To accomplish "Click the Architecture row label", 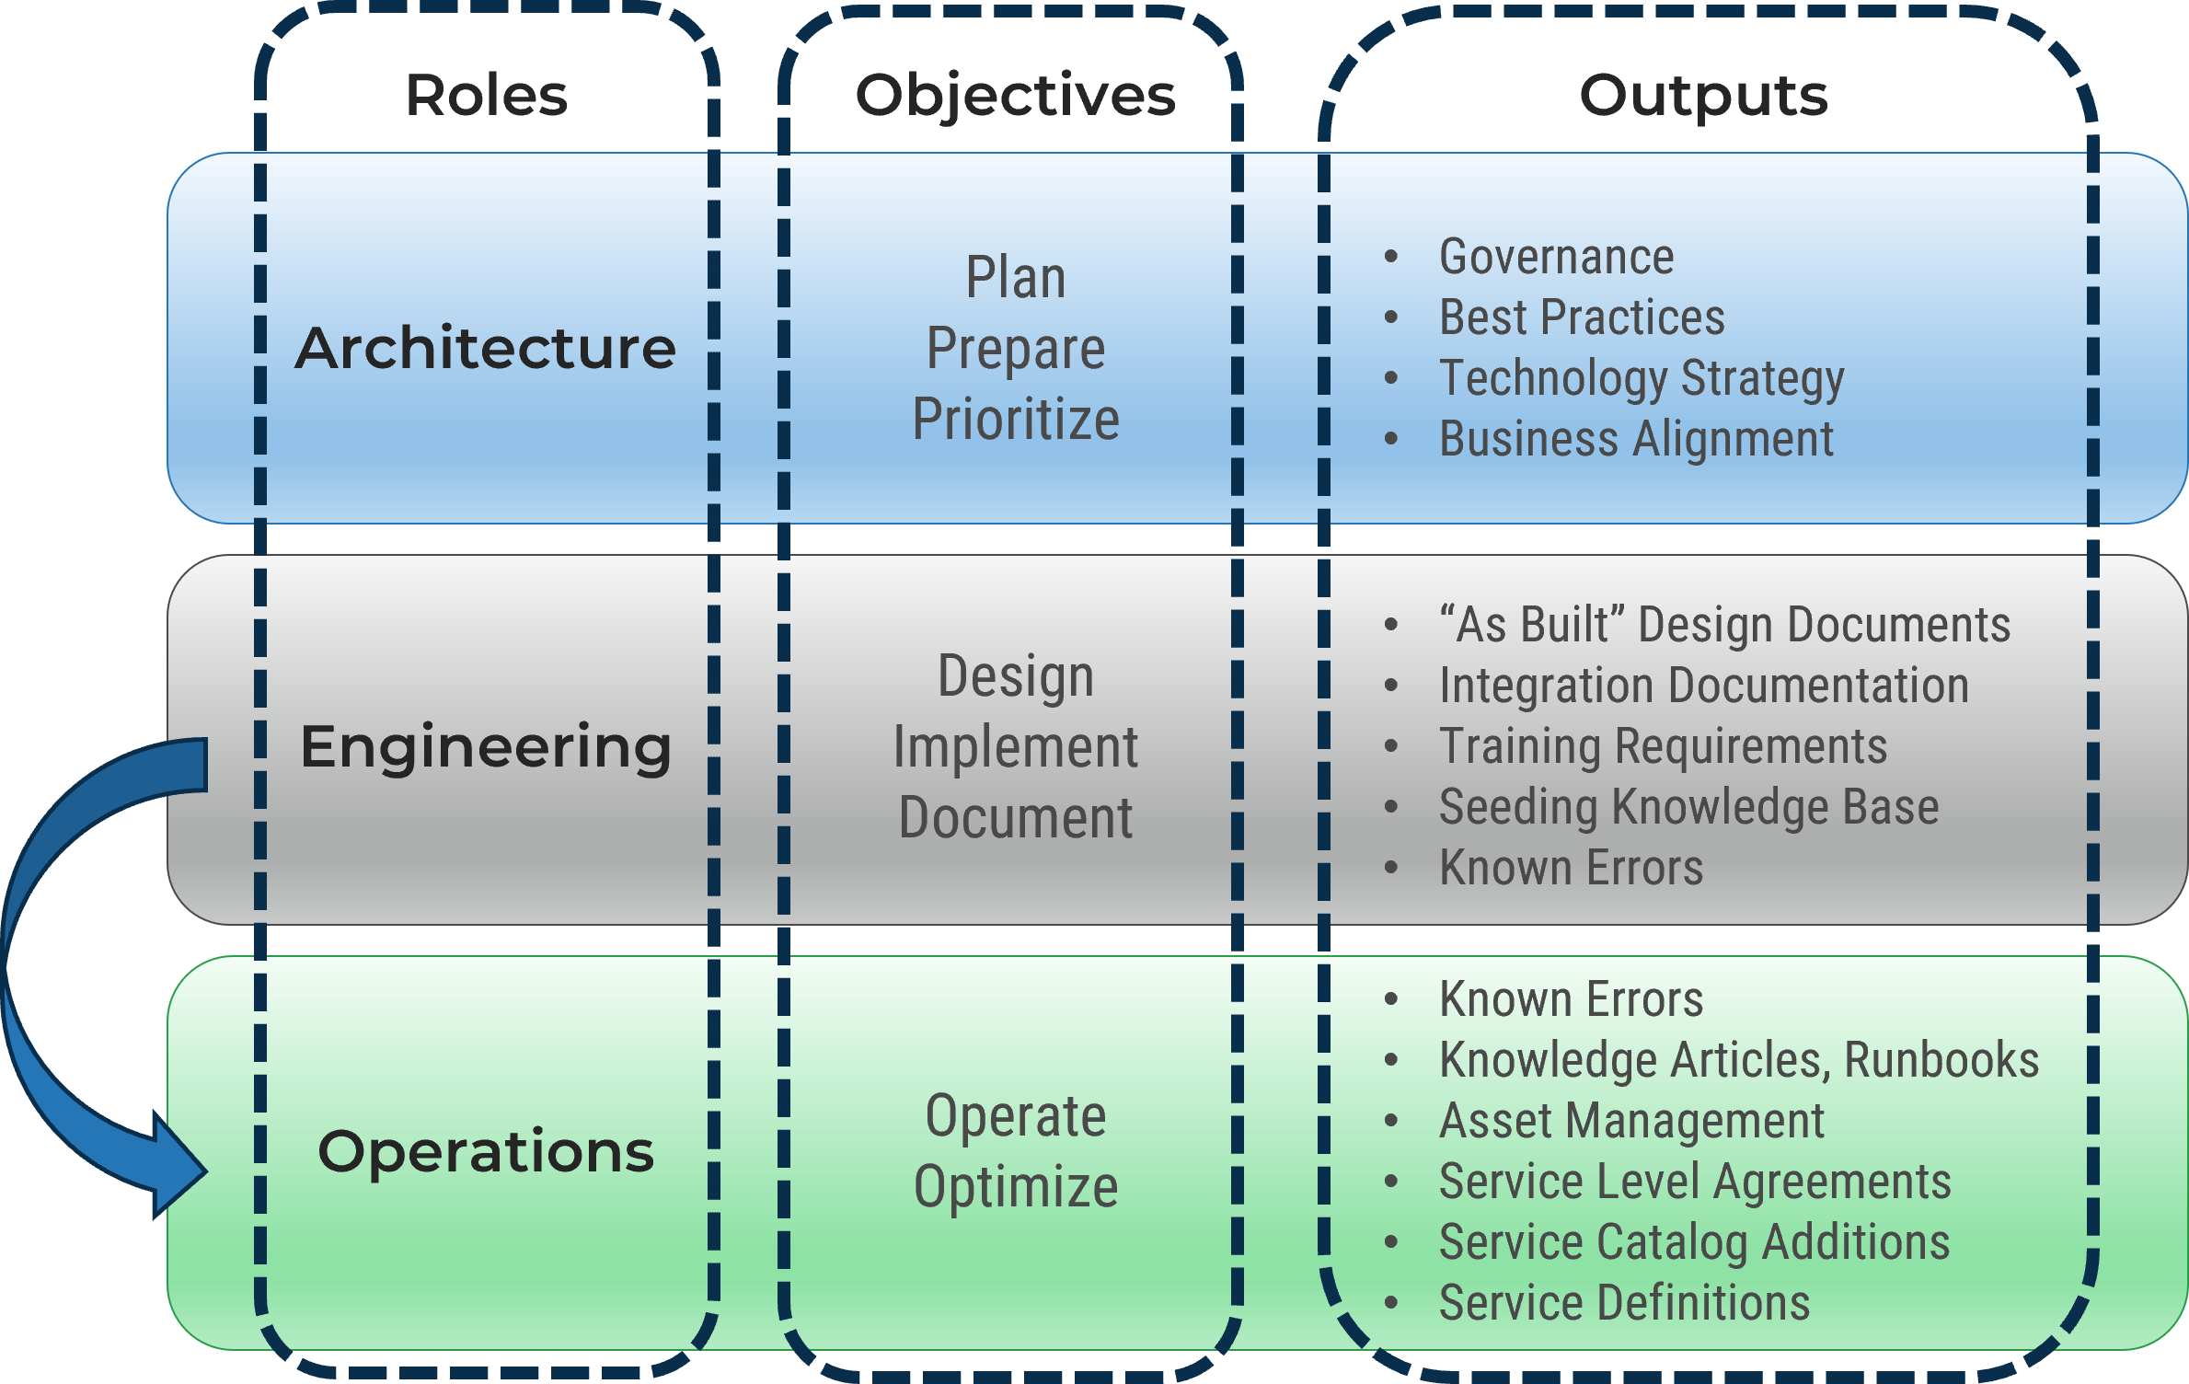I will coord(485,349).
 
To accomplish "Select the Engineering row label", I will coord(485,746).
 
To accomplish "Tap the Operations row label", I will coord(485,1151).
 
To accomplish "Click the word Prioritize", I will coord(1016,420).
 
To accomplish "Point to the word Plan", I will coord(1016,278).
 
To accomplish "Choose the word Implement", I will coord(1016,746).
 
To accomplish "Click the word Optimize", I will coord(1016,1186).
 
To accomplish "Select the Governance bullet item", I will coord(1556,257).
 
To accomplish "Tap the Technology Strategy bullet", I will coord(1642,378).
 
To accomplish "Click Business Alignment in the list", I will coord(1636,439).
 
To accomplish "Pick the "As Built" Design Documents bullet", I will coord(1724,625).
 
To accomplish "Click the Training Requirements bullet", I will coord(1663,746).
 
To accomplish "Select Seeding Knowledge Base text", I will coord(1688,807).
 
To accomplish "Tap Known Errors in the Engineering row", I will coord(1571,868).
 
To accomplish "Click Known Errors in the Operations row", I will coord(1571,999).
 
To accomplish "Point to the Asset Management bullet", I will coord(1631,1121).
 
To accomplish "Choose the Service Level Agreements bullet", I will coord(1695,1182).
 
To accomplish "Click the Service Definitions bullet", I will coord(1624,1303).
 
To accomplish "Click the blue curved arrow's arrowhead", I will coord(179,1171).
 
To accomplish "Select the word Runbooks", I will coord(1941,1060).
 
